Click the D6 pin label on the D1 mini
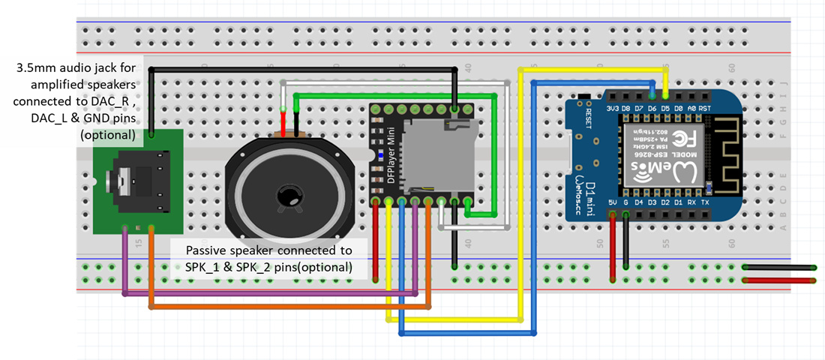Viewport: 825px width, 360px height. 652,109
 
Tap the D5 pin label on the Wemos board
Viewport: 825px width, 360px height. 665,109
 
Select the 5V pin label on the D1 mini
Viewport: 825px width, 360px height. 613,202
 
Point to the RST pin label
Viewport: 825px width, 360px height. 706,109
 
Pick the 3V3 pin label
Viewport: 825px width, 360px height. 612,109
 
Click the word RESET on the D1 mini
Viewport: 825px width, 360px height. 589,119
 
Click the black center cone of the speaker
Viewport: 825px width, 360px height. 288,196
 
